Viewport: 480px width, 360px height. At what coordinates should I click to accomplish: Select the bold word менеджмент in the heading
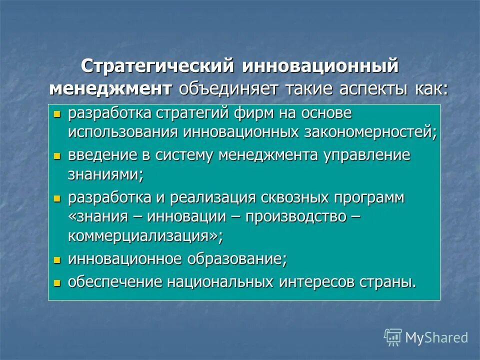(x=111, y=88)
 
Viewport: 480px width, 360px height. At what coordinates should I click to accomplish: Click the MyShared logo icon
(x=392, y=337)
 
